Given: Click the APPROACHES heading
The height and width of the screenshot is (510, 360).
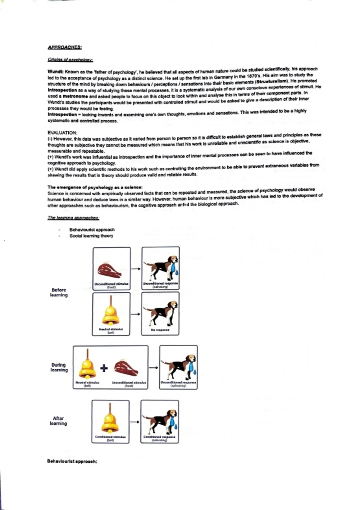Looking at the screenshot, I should pyautogui.click(x=64, y=47).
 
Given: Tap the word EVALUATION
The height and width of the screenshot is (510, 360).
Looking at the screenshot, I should pyautogui.click(x=62, y=133).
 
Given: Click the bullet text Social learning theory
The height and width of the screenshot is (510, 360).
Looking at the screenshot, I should pyautogui.click(x=91, y=236).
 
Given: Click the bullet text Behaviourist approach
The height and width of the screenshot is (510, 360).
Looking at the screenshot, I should pyautogui.click(x=92, y=229).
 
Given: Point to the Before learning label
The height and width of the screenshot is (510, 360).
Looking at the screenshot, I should pyautogui.click(x=59, y=292).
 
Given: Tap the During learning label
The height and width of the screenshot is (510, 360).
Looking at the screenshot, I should pyautogui.click(x=59, y=367).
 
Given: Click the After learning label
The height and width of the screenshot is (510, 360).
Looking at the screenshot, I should pyautogui.click(x=58, y=421).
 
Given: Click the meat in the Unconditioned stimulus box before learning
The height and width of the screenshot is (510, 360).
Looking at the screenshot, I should pyautogui.click(x=110, y=270).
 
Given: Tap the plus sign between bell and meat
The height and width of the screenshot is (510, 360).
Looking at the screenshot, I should pyautogui.click(x=104, y=368).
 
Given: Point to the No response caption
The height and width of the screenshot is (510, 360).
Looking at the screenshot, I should pyautogui.click(x=160, y=330).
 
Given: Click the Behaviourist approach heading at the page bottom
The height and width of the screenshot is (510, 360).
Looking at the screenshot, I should pyautogui.click(x=72, y=461).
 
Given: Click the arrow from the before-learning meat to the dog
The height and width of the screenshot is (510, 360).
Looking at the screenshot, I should pyautogui.click(x=136, y=269).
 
